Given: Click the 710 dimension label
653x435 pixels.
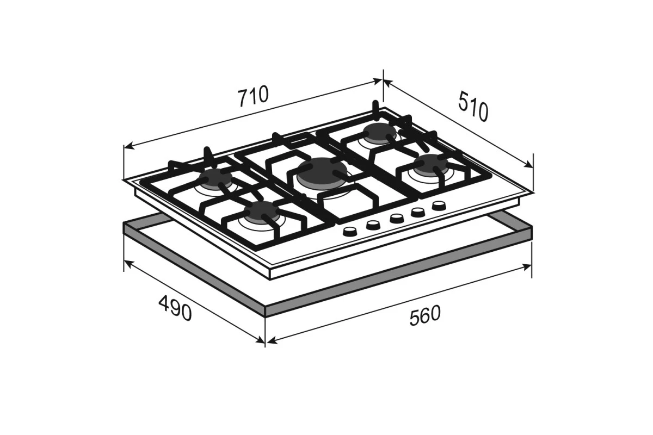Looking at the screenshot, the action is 253,96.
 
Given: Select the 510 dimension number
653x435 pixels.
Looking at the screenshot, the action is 472,106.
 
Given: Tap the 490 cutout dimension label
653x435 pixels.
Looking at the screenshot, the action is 175,308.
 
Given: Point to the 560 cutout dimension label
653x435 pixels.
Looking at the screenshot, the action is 425,315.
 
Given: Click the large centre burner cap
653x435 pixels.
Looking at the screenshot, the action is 322,172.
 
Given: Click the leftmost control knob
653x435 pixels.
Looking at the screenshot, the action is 350,232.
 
